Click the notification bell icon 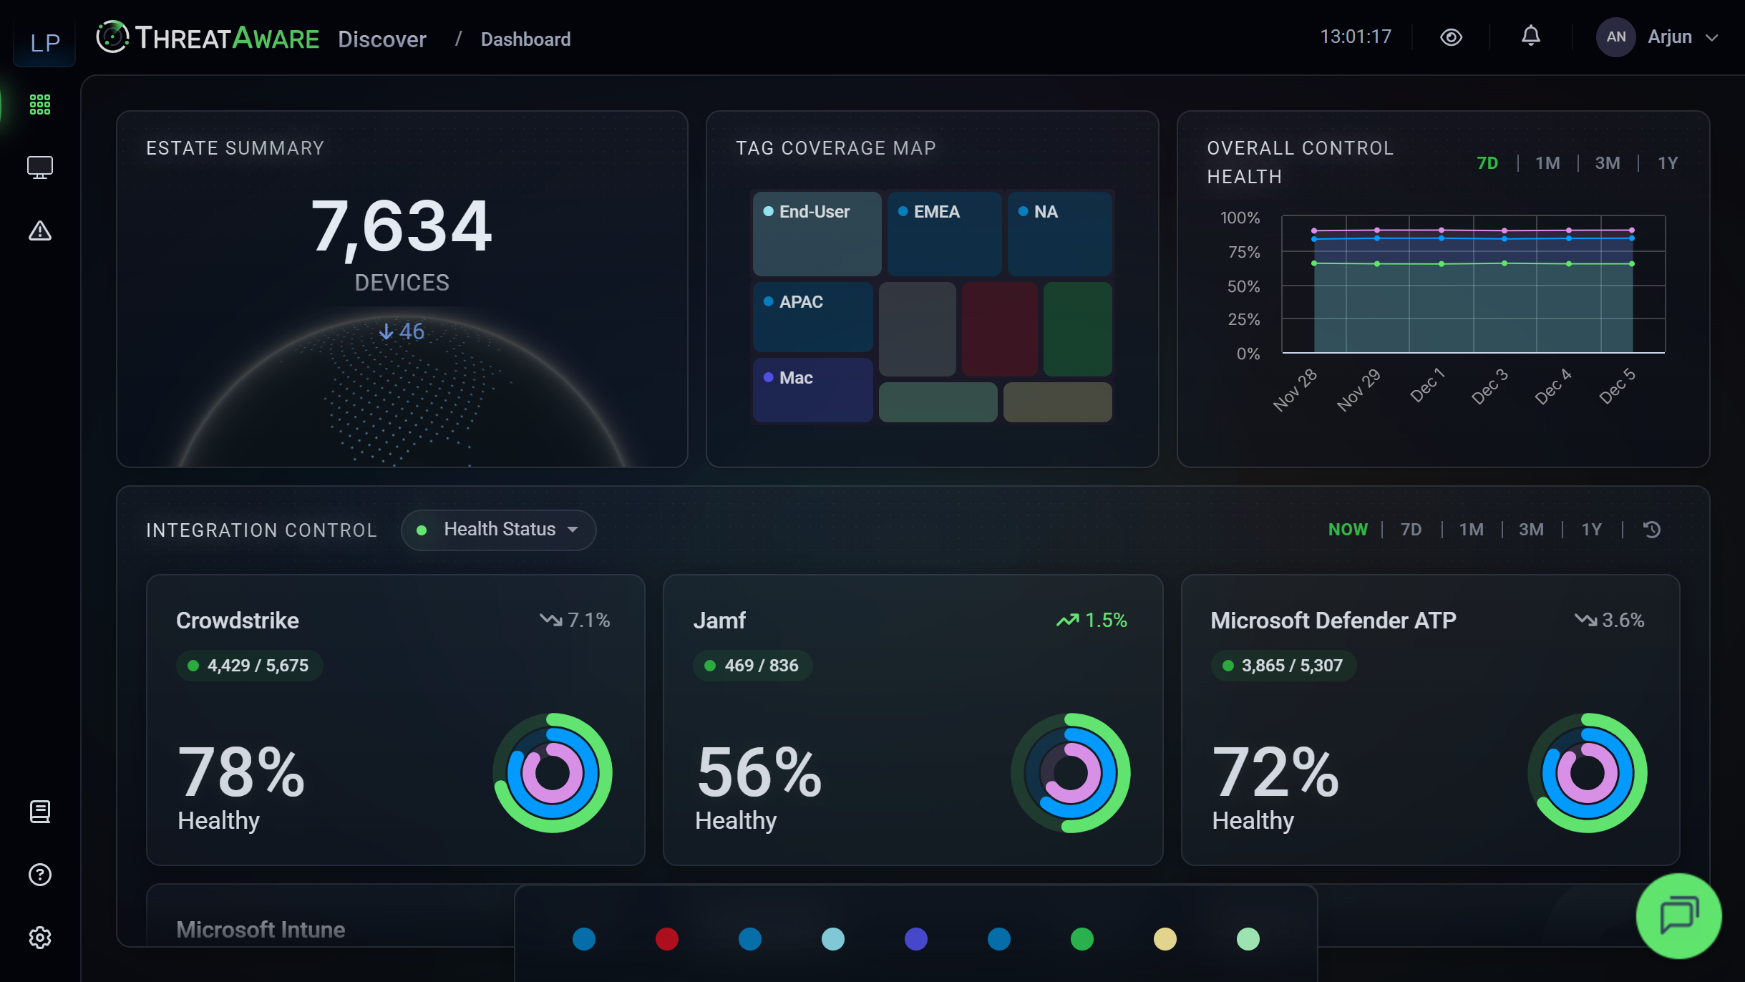(1530, 37)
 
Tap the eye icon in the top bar (1451, 37)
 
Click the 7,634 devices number (402, 226)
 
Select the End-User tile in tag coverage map (817, 233)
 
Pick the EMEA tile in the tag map (943, 233)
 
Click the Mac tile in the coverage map (812, 389)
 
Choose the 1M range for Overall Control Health (1547, 163)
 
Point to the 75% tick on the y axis (1244, 252)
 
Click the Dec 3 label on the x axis (1489, 387)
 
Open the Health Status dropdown (499, 530)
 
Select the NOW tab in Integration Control (1348, 530)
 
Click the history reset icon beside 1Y (1652, 530)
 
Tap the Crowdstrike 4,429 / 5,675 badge (250, 666)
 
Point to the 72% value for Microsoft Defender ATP (1275, 772)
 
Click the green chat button (1678, 915)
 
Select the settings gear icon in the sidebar (40, 938)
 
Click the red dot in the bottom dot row (666, 939)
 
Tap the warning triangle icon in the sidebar (40, 231)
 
